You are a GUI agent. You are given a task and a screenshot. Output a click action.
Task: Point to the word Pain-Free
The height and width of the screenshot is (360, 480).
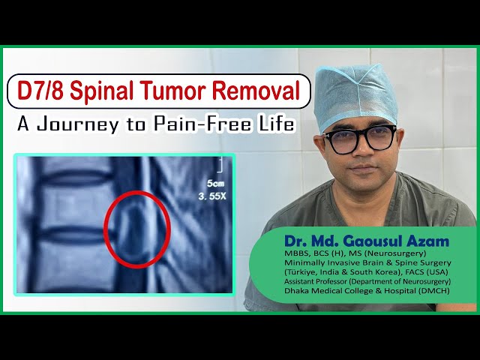(x=205, y=124)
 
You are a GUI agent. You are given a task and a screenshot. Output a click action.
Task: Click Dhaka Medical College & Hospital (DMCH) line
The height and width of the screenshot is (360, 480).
(x=366, y=291)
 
